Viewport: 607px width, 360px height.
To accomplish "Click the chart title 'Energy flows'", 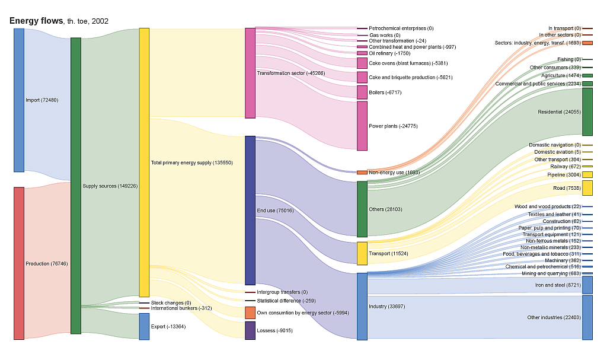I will pos(36,21).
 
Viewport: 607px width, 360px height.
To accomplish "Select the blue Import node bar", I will pos(19,100).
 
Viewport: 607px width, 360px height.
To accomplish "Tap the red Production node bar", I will pos(19,263).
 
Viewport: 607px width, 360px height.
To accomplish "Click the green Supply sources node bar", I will pos(75,186).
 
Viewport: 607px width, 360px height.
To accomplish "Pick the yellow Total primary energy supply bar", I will pos(144,162).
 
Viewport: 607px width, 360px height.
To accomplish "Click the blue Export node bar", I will pos(144,326).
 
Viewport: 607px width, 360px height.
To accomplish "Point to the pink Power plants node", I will pos(362,126).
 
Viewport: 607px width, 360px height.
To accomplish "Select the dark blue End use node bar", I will pos(250,210).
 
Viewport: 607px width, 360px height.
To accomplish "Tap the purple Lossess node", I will pos(250,330).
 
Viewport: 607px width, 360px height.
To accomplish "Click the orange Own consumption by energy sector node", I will pos(250,313).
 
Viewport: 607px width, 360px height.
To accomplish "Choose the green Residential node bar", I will pos(587,112).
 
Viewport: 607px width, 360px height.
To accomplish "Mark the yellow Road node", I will pos(587,188).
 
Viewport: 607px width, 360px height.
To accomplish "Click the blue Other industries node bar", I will pos(587,317).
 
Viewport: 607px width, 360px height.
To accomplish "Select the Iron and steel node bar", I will pos(587,285).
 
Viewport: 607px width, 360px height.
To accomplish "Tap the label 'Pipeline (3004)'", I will pos(564,175).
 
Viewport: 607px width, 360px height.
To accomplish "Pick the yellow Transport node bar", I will pos(362,253).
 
